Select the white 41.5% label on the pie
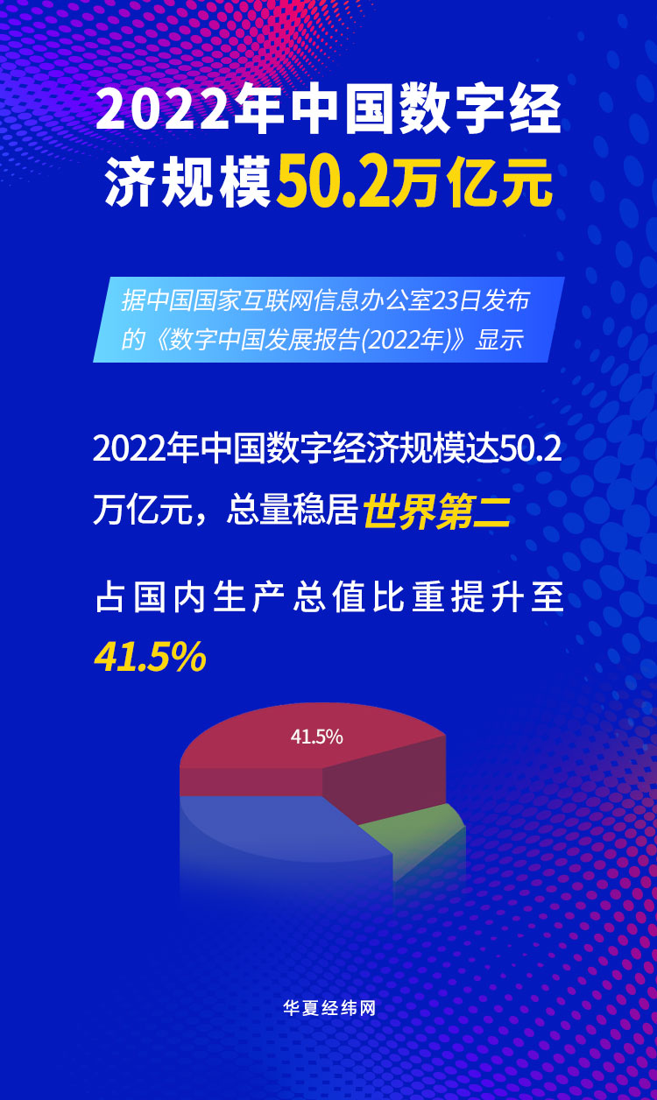[x=316, y=737]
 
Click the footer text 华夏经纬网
[x=328, y=1008]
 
